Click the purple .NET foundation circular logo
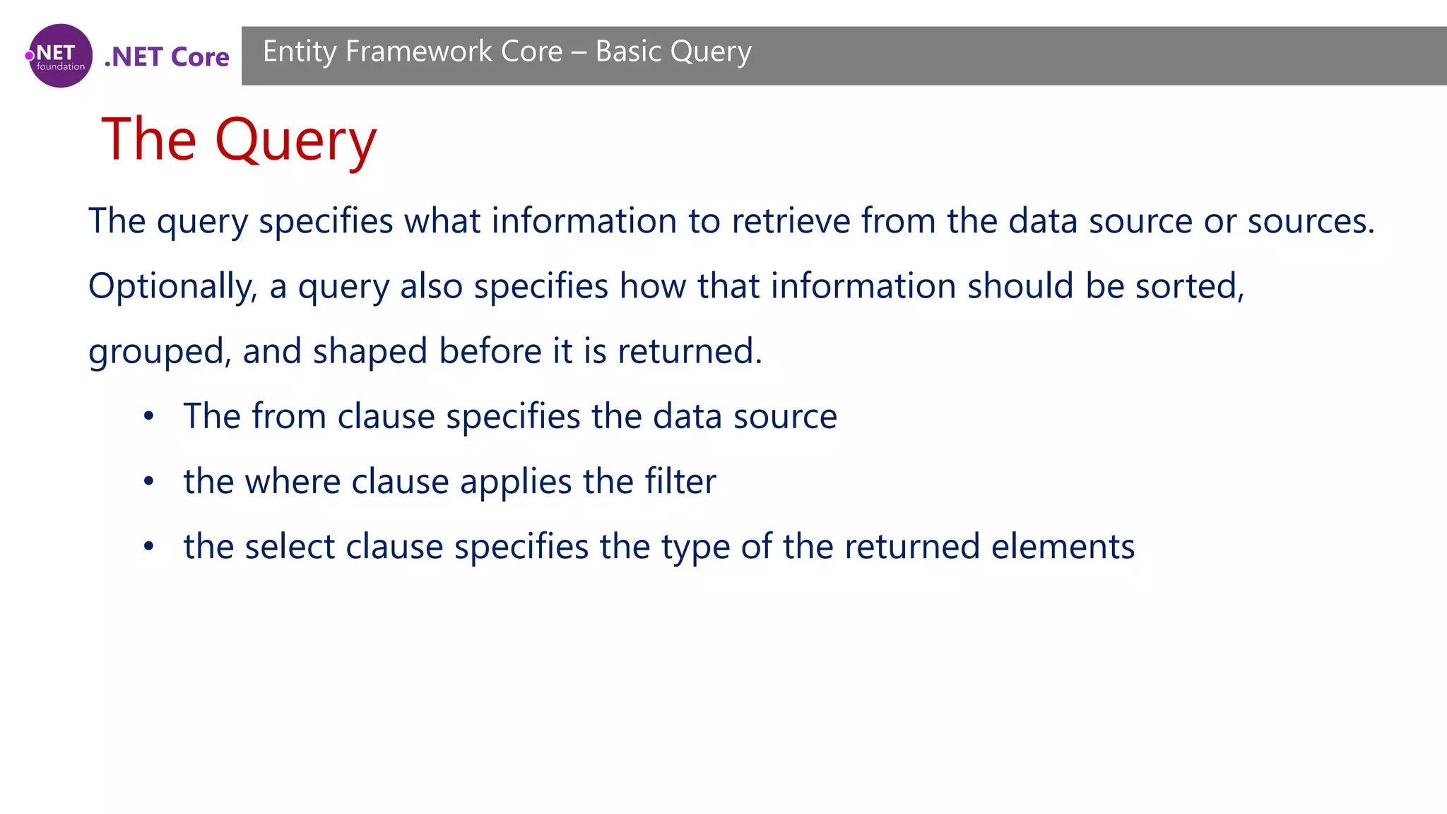(x=60, y=56)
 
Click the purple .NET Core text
(x=167, y=57)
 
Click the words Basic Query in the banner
(x=673, y=52)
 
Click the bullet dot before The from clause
(x=148, y=416)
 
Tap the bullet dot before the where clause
(x=148, y=482)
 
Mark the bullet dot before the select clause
(x=148, y=547)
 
